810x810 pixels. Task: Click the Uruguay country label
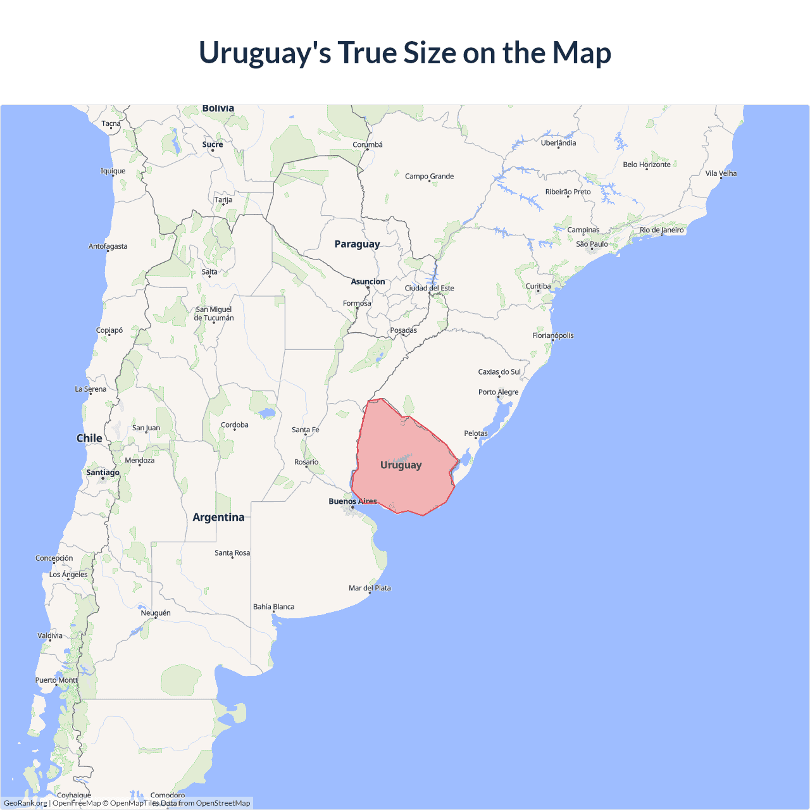click(x=401, y=465)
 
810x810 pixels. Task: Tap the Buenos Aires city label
click(x=352, y=501)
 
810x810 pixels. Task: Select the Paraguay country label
click(x=357, y=244)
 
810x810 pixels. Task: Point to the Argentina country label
click(x=218, y=518)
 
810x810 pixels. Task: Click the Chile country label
click(x=89, y=439)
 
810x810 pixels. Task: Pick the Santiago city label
click(x=103, y=473)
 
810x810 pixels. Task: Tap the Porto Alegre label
click(x=498, y=392)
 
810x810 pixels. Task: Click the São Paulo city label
click(x=592, y=244)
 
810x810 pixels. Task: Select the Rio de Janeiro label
click(x=661, y=230)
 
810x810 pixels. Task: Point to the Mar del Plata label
click(x=370, y=589)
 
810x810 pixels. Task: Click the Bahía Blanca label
click(x=273, y=607)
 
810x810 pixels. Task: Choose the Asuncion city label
click(x=368, y=282)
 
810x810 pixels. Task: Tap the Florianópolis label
click(x=552, y=335)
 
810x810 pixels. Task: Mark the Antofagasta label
click(x=108, y=247)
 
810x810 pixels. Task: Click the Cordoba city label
click(x=234, y=425)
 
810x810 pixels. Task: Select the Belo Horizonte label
click(x=646, y=165)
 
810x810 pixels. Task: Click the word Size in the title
click(x=430, y=53)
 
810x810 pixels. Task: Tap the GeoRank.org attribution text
click(x=25, y=803)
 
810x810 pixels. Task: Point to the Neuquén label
click(x=156, y=613)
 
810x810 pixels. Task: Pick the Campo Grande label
click(x=429, y=177)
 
